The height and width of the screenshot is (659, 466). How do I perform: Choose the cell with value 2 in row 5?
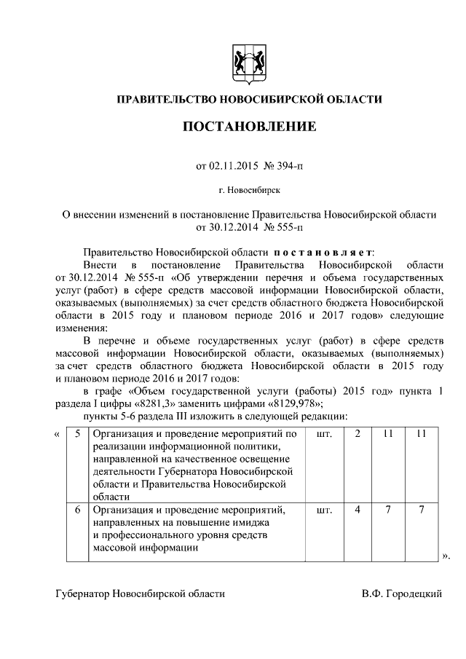358,435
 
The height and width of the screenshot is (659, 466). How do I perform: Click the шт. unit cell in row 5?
325,435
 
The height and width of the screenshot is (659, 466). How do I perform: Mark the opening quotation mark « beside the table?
58,435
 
